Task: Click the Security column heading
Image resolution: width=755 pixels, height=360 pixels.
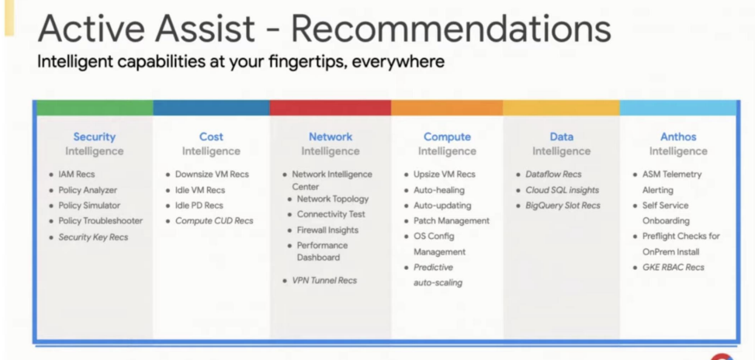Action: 95,137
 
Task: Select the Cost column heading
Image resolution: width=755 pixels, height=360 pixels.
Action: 211,137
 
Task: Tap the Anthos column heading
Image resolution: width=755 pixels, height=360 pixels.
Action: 678,137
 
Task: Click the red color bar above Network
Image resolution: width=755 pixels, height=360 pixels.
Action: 331,108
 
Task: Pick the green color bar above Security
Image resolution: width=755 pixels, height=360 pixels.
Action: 95,108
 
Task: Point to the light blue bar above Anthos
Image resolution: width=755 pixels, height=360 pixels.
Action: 677,108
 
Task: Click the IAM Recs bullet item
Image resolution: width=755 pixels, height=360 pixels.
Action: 77,175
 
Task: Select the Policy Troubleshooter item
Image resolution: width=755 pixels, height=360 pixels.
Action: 101,221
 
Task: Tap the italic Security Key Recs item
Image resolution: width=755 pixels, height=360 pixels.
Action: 93,237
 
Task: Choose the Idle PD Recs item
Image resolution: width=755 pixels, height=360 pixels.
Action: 199,206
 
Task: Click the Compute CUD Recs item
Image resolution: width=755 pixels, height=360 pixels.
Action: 214,221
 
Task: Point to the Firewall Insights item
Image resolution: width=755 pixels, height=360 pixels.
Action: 327,230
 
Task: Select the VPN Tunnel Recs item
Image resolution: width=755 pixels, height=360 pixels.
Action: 324,280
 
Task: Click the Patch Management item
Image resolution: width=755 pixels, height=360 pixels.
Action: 452,221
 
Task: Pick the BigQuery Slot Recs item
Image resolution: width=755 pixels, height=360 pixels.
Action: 563,206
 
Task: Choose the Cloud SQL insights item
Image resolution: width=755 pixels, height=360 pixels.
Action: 563,190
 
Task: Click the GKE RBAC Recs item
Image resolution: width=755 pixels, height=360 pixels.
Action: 674,267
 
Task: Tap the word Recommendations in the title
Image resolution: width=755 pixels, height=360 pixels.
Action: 451,29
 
